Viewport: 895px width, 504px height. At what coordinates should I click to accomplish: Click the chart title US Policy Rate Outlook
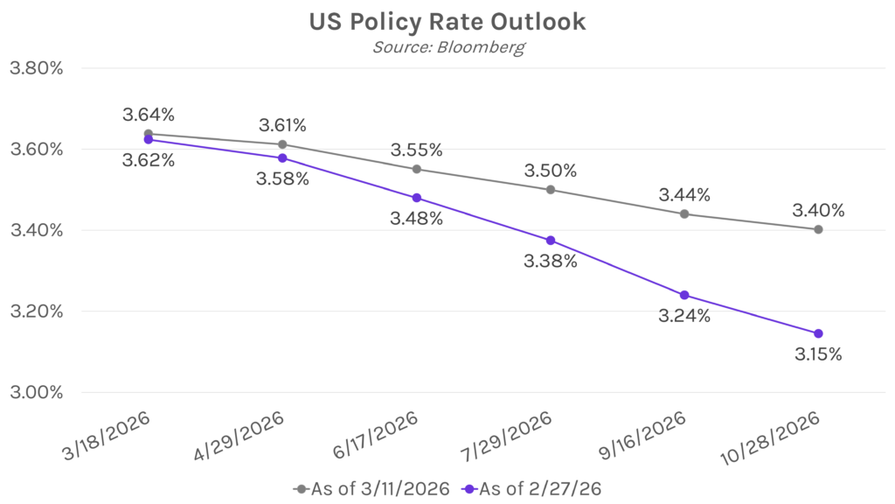447,22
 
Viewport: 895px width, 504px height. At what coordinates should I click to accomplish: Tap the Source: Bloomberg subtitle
447,47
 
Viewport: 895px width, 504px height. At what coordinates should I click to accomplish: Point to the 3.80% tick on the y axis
35,68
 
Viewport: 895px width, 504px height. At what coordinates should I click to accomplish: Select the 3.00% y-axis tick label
35,392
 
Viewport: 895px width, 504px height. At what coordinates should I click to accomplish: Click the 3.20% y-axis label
35,311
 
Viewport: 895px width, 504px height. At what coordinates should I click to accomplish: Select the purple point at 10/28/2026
818,333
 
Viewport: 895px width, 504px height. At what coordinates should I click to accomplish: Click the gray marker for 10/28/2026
818,229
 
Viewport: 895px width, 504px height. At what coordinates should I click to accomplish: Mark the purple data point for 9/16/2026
684,295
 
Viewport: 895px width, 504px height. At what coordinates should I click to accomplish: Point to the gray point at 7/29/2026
550,189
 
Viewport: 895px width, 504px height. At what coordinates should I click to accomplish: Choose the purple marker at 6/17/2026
416,198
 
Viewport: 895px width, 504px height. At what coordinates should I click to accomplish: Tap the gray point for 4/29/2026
282,144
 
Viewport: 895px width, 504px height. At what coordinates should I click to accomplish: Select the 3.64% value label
149,115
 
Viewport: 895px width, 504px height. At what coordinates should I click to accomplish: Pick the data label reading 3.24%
683,317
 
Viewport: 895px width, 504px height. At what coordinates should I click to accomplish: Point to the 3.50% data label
550,169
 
